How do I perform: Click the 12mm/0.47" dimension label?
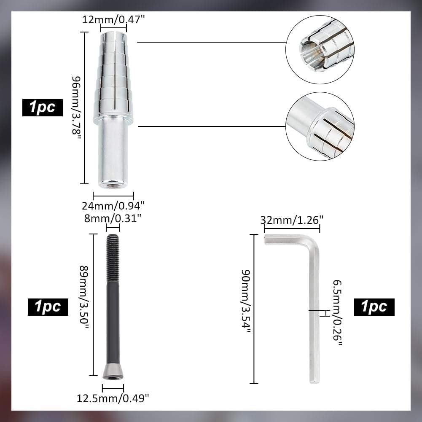113,19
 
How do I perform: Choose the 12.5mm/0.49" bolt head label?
113,398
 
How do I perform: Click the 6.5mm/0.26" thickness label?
337,312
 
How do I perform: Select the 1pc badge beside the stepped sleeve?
42,108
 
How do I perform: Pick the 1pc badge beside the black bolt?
48,306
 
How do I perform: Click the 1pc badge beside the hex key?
374,307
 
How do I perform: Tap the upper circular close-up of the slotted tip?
320,49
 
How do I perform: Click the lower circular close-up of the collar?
320,126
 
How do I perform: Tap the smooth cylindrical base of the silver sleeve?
113,154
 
